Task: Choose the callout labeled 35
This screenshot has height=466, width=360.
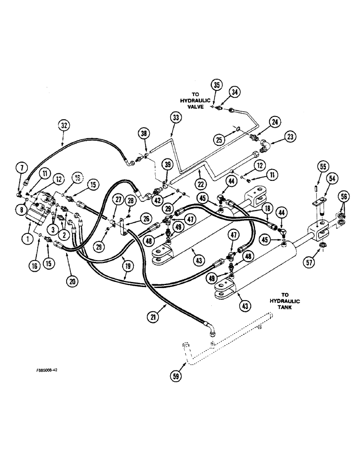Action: point(216,85)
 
